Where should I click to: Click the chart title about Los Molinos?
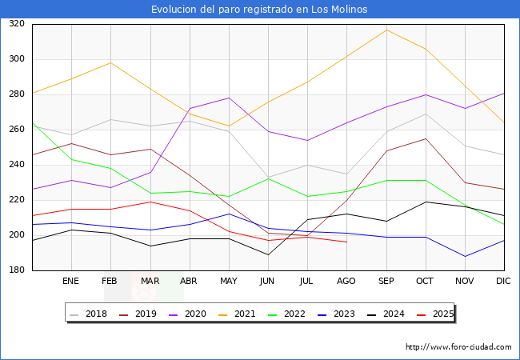260,10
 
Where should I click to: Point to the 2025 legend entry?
437,314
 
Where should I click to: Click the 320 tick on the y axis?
16,24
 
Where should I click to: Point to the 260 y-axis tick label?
16,130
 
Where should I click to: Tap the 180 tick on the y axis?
16,270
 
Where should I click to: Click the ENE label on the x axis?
71,282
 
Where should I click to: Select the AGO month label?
346,282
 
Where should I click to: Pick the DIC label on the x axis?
503,282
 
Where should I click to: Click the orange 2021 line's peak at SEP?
386,30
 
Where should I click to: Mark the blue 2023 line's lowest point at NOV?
465,256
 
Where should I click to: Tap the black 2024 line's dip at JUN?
268,254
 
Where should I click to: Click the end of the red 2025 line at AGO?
346,242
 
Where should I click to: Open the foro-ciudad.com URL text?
458,347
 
